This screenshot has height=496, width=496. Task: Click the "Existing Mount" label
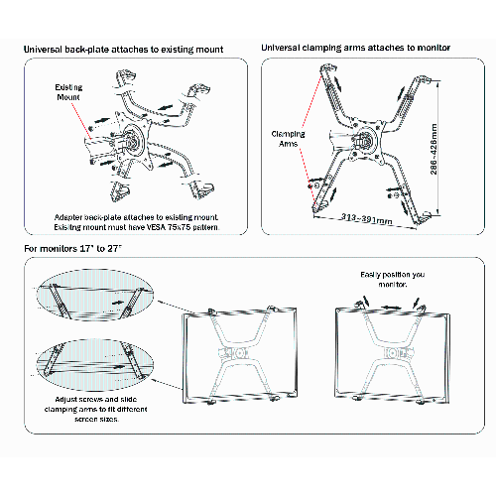point(68,92)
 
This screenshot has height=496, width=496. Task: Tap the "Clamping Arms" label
point(288,139)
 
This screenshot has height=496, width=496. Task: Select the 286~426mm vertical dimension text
point(434,149)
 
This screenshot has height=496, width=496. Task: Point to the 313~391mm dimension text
point(366,219)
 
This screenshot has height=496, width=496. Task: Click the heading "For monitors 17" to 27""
point(72,248)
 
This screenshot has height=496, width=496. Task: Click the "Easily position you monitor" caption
point(393,280)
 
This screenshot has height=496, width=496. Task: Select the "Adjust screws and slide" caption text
point(96,399)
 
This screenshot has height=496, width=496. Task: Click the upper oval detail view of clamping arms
point(95,295)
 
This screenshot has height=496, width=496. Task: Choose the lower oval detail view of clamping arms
point(95,364)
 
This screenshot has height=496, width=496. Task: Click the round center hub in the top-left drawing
point(133,140)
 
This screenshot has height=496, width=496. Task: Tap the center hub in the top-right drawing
point(366,140)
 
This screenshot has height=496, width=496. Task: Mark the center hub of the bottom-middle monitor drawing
point(237,353)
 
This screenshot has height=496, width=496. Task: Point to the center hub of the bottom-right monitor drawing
point(394,353)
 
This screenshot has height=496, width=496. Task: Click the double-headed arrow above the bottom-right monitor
point(391,308)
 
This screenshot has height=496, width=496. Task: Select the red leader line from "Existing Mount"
point(81,121)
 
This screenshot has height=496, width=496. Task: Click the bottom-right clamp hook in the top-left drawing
point(199,189)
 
